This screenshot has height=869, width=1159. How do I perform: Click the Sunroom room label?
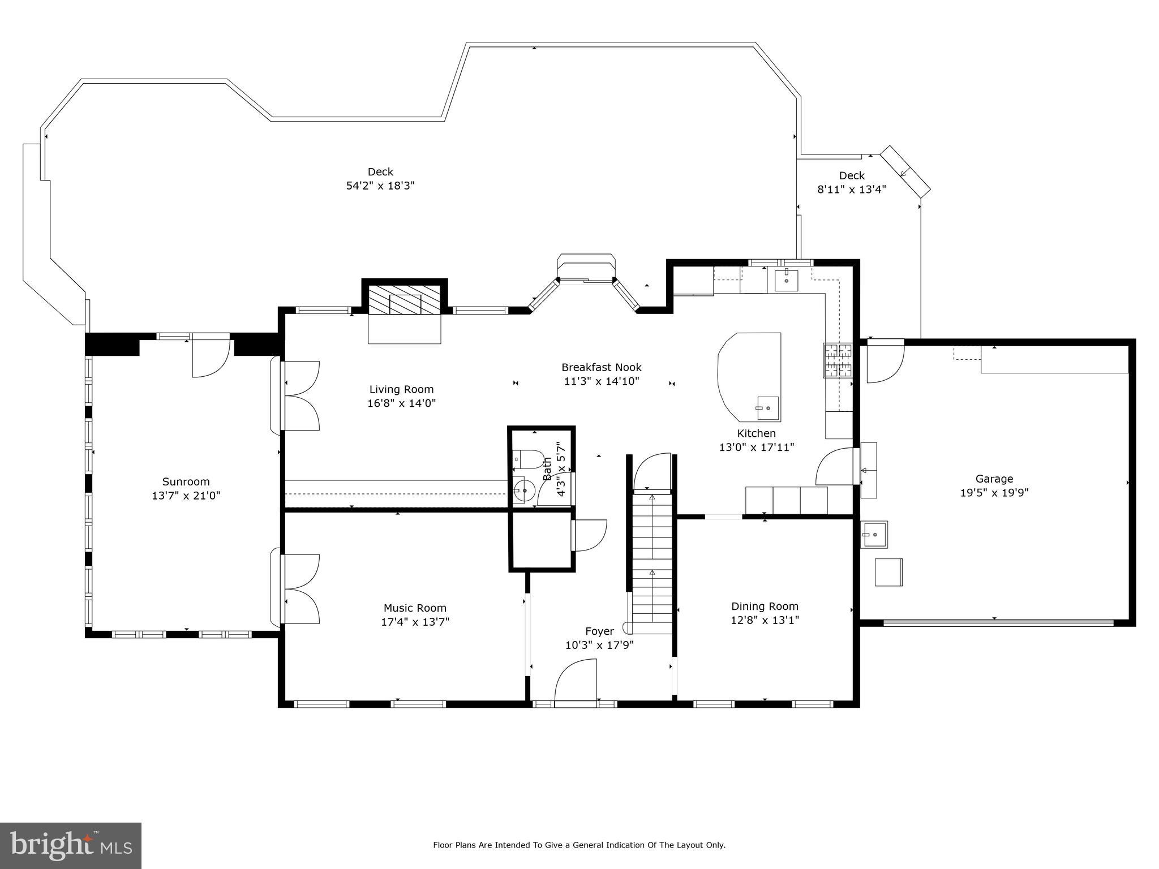pyautogui.click(x=186, y=481)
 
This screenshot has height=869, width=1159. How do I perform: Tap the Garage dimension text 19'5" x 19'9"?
pyautogui.click(x=994, y=493)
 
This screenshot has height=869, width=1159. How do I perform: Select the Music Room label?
pyautogui.click(x=415, y=608)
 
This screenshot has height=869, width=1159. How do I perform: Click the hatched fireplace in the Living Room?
pyautogui.click(x=405, y=299)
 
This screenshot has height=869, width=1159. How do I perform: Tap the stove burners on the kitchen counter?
pyautogui.click(x=838, y=360)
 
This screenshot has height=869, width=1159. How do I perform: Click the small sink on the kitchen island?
pyautogui.click(x=767, y=408)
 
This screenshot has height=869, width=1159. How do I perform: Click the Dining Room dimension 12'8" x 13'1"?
pyautogui.click(x=765, y=620)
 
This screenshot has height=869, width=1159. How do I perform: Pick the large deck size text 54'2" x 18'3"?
pyautogui.click(x=380, y=186)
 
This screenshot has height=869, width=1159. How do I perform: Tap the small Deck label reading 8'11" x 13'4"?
pyautogui.click(x=851, y=190)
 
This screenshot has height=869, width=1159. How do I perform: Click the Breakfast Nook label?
pyautogui.click(x=601, y=367)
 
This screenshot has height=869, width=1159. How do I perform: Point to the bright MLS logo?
pyautogui.click(x=71, y=845)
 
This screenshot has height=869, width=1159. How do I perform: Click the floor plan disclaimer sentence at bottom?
pyautogui.click(x=579, y=845)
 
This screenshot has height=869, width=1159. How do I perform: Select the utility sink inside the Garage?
pyautogui.click(x=874, y=534)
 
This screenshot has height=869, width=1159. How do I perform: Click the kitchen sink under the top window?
pyautogui.click(x=786, y=280)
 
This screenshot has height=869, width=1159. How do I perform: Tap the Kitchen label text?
pyautogui.click(x=756, y=433)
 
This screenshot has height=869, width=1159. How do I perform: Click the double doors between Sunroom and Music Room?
pyautogui.click(x=301, y=589)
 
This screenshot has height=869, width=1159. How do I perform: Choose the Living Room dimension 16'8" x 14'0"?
pyautogui.click(x=401, y=403)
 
